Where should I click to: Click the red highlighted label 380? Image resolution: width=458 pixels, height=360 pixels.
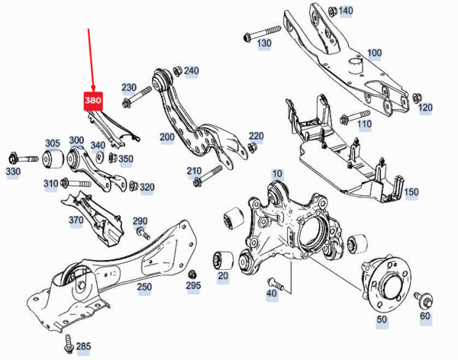pyautogui.click(x=92, y=101)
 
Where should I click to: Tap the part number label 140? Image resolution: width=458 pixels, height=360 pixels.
pyautogui.click(x=345, y=11)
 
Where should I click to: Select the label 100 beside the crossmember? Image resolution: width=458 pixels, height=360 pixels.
pyautogui.click(x=374, y=53)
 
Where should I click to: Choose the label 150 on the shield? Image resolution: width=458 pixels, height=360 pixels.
pyautogui.click(x=411, y=192)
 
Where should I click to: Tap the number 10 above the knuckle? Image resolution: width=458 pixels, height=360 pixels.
pyautogui.click(x=276, y=175)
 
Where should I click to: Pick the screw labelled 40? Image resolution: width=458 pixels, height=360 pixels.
pyautogui.click(x=277, y=284)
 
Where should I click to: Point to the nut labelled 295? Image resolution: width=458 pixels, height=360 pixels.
pyautogui.click(x=192, y=273)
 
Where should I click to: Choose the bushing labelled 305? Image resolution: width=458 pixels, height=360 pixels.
pyautogui.click(x=53, y=159)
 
